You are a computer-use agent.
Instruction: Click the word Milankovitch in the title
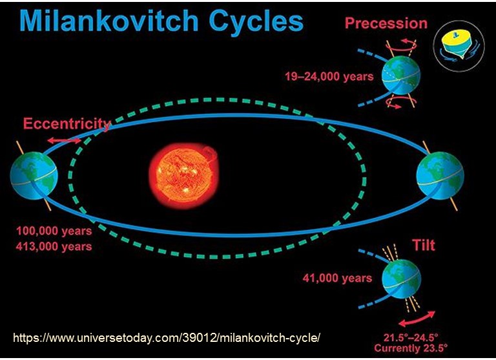pos(108,21)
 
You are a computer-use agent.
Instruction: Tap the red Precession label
pos(386,23)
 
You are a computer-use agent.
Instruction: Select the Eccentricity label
pos(67,123)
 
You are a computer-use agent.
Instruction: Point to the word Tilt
pos(423,245)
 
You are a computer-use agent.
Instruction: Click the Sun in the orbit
pos(184,175)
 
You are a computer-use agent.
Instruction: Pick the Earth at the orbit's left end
pos(34,175)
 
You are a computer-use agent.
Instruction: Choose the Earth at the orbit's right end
pos(440,175)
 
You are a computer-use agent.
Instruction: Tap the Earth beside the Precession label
pos(401,76)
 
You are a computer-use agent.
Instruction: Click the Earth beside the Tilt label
pos(402,279)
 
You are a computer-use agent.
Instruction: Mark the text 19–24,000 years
pos(329,76)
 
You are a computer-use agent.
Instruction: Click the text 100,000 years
pos(54,231)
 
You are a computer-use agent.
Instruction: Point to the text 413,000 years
pos(54,246)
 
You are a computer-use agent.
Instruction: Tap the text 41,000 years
pos(337,278)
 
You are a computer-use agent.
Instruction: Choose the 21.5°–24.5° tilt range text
pos(411,337)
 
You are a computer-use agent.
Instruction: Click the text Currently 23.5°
pos(411,348)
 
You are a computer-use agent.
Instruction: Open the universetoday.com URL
pos(167,338)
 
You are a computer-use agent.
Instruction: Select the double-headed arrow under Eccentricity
pos(65,141)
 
